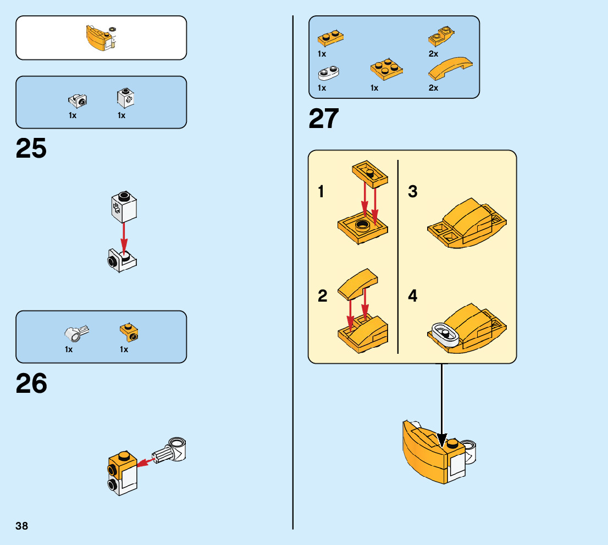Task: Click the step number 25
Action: click(x=31, y=148)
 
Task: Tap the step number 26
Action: click(x=31, y=383)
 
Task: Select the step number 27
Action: click(x=324, y=119)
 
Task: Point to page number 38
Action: click(x=22, y=526)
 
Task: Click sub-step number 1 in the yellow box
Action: click(x=320, y=192)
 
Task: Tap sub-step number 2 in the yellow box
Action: click(x=323, y=296)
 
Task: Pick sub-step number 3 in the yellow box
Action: click(x=412, y=191)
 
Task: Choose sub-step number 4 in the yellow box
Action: click(x=412, y=296)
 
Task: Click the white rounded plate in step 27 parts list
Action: click(x=328, y=73)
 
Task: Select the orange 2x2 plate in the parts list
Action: click(x=386, y=69)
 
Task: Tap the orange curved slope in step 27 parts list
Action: click(x=450, y=69)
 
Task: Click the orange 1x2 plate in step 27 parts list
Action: click(x=330, y=38)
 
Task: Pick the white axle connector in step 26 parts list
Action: click(x=76, y=333)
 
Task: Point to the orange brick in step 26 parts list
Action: click(x=129, y=332)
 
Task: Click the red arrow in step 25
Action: click(x=124, y=238)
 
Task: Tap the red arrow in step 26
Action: click(x=146, y=461)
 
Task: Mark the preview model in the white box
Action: click(x=101, y=38)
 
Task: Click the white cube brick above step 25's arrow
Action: click(x=124, y=207)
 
